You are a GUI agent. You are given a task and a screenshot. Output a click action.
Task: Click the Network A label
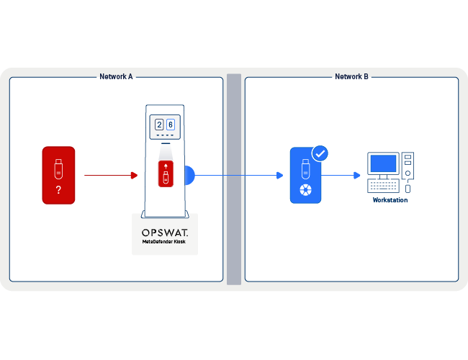tap(116, 76)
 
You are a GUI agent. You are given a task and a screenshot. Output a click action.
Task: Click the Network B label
tap(351, 76)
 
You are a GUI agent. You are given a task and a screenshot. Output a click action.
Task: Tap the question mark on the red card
tap(58, 190)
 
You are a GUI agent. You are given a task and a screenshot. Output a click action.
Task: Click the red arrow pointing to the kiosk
tap(133, 175)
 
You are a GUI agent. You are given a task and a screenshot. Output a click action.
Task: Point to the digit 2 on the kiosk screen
tap(159, 125)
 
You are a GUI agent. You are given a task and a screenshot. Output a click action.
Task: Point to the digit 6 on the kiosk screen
tap(171, 125)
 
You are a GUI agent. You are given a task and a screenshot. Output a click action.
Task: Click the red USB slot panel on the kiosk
tap(166, 174)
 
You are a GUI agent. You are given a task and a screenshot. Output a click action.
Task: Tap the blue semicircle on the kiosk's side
tap(190, 175)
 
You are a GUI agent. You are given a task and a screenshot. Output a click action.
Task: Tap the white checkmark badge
tap(320, 153)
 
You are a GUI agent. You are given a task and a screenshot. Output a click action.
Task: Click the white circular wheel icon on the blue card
tap(306, 190)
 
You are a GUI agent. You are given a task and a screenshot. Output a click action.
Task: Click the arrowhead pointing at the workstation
tap(357, 175)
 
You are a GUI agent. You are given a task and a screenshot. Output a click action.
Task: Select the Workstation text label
tap(390, 200)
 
